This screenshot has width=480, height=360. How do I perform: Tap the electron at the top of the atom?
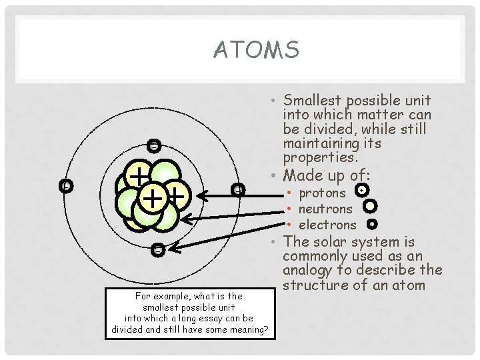154,145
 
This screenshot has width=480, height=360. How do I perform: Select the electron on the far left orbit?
65,186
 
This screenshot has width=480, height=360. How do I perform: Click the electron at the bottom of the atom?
157,250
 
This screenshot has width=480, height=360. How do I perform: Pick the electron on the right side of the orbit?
237,190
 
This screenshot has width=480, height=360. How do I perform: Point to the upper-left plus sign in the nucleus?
138,176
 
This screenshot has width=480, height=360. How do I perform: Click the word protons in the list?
321,193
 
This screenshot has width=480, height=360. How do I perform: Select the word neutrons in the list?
325,209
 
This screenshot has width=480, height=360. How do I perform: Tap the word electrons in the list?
327,225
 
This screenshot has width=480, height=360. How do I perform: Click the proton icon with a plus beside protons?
361,191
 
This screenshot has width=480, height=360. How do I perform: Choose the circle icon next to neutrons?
371,207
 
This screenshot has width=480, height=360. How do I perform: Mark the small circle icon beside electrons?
372,224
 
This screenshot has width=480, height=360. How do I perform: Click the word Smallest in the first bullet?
311,101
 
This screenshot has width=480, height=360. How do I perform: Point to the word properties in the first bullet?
319,158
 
